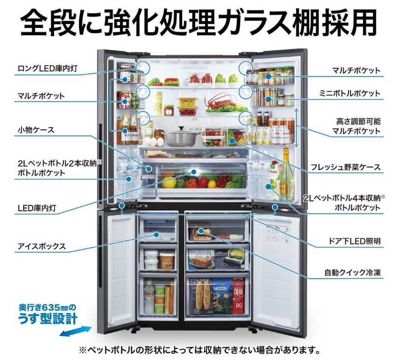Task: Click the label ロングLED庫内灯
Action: (x=48, y=68)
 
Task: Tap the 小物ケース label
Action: (x=36, y=130)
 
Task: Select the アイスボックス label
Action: (x=42, y=246)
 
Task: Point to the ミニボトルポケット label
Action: (x=350, y=93)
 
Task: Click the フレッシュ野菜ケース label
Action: (x=345, y=167)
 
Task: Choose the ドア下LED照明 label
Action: (x=355, y=241)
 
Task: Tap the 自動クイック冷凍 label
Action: (x=353, y=272)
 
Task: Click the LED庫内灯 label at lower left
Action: (x=37, y=208)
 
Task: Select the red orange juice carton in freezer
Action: (x=239, y=297)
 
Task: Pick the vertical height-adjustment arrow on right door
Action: (x=296, y=128)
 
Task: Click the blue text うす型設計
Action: (x=48, y=319)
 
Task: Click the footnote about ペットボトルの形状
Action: (x=199, y=350)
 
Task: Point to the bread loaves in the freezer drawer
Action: (x=204, y=297)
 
